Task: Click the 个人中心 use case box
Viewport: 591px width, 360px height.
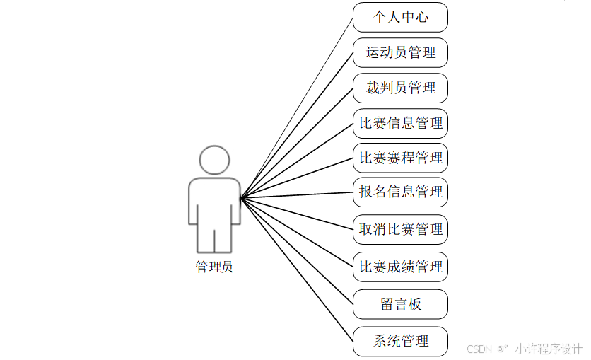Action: pyautogui.click(x=400, y=17)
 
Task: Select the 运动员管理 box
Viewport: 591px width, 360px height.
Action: pyautogui.click(x=400, y=52)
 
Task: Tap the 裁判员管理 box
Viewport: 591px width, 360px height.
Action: pyautogui.click(x=400, y=88)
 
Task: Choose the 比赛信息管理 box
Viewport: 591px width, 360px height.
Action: pyautogui.click(x=400, y=123)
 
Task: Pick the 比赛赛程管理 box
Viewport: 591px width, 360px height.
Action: pyautogui.click(x=400, y=158)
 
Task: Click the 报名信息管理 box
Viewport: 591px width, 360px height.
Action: pyautogui.click(x=400, y=192)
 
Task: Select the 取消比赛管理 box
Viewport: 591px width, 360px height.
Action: pyautogui.click(x=400, y=229)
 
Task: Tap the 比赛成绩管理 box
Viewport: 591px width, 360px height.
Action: pyautogui.click(x=400, y=267)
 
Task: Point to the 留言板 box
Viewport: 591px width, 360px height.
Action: pyautogui.click(x=400, y=304)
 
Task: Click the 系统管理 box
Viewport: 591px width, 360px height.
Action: pyautogui.click(x=400, y=342)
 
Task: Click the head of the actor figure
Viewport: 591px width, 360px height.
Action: pyautogui.click(x=214, y=160)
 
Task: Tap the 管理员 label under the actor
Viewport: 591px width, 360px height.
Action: pyautogui.click(x=214, y=267)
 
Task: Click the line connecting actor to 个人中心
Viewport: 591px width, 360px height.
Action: pyautogui.click(x=297, y=107)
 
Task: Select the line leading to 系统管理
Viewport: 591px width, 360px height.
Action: pyautogui.click(x=297, y=269)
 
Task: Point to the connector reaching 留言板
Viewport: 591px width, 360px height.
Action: pyautogui.click(x=297, y=251)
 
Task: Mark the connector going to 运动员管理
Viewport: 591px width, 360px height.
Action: pyautogui.click(x=297, y=125)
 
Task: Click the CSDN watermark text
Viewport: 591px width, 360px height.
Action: pyautogui.click(x=479, y=349)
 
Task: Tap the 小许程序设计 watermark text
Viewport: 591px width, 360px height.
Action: pyautogui.click(x=548, y=349)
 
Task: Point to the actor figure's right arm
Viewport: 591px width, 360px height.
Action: pyautogui.click(x=236, y=205)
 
